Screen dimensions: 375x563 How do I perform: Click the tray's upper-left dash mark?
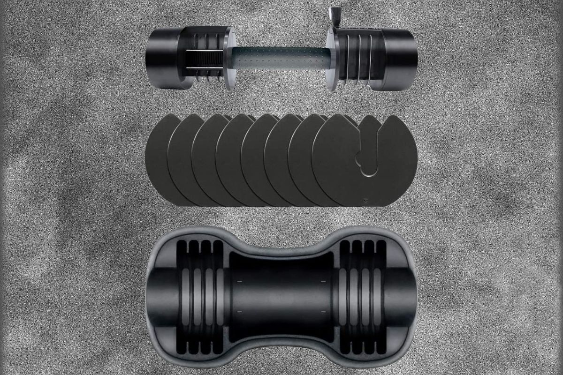[239, 281]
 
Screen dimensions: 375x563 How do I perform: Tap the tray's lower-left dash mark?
[239, 311]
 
